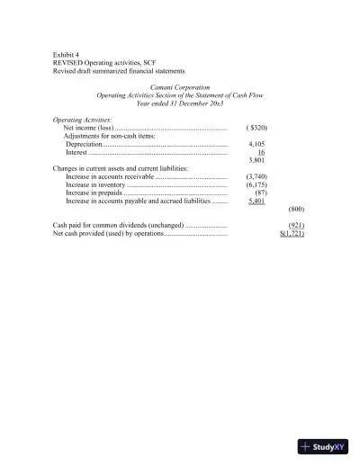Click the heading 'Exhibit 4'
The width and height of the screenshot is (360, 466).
(67, 54)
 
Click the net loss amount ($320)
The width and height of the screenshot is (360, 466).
(256, 128)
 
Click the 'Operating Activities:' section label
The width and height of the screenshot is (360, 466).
(83, 119)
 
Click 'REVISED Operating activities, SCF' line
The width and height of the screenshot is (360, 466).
(104, 62)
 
